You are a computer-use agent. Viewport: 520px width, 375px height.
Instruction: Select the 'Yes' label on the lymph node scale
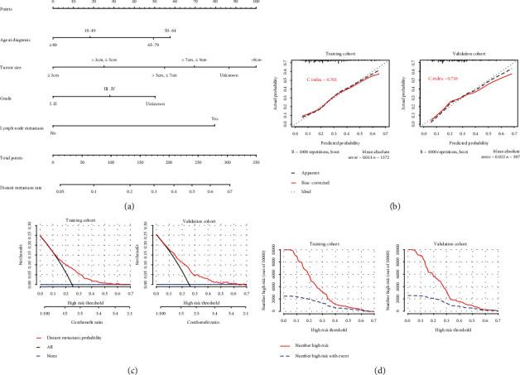[214, 118]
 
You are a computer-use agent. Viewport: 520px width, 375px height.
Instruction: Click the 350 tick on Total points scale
[255, 163]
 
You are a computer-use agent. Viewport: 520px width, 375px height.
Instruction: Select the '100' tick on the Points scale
[255, 4]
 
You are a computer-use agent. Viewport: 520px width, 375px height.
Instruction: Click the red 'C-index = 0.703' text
[325, 79]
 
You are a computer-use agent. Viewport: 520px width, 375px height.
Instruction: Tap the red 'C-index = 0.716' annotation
[441, 79]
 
